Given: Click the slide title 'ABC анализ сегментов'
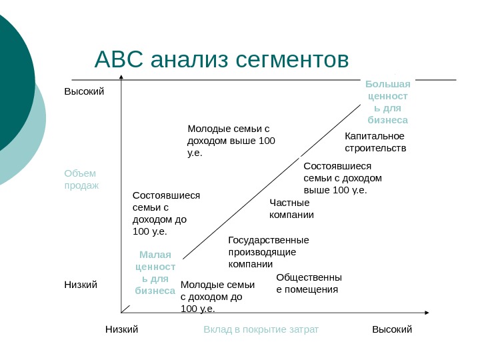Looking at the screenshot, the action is pyautogui.click(x=221, y=59).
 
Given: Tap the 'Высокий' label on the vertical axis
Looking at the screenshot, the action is pyautogui.click(x=84, y=91).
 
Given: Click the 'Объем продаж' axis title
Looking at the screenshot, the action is pyautogui.click(x=81, y=179).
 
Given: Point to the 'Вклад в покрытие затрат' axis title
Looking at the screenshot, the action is pyautogui.click(x=261, y=329).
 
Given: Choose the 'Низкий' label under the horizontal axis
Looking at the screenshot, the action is pyautogui.click(x=121, y=329).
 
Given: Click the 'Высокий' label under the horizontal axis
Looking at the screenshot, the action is pyautogui.click(x=392, y=329).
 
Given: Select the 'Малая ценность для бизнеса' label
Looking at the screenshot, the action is pyautogui.click(x=155, y=273).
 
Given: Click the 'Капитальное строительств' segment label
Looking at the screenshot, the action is pyautogui.click(x=375, y=142).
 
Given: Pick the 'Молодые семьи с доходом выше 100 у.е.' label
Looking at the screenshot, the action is pyautogui.click(x=231, y=140).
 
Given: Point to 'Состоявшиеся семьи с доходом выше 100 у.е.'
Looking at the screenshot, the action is pyautogui.click(x=342, y=178).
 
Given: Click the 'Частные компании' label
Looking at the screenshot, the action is pyautogui.click(x=291, y=208).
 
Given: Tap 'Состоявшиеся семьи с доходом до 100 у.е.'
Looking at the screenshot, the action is pyautogui.click(x=166, y=213).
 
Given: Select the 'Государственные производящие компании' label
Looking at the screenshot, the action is pyautogui.click(x=268, y=251).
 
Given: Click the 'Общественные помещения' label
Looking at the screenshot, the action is pyautogui.click(x=309, y=283).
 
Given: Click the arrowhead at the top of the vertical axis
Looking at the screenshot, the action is pyautogui.click(x=121, y=79).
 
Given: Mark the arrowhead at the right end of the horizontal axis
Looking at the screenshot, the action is pyautogui.click(x=427, y=311).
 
